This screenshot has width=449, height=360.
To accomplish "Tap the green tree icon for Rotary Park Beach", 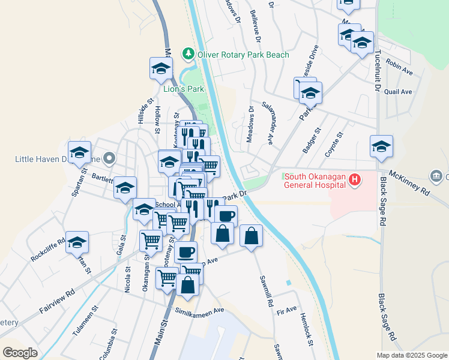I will [189, 55].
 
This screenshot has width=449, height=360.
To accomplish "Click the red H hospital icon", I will [355, 179].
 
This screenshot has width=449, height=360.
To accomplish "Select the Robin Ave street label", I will [400, 66].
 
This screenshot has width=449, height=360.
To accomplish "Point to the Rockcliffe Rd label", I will [48, 251].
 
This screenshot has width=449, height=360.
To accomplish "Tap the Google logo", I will [20, 352].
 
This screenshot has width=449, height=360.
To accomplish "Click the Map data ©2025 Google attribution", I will [412, 355].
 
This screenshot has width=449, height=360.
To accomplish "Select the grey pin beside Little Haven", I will [109, 159].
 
